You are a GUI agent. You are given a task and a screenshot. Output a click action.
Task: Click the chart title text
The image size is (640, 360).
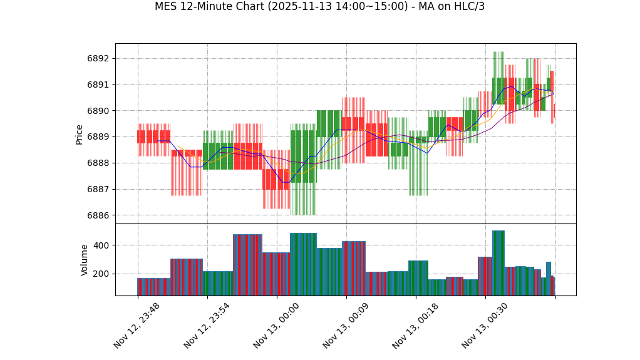pyautogui.click(x=319, y=7)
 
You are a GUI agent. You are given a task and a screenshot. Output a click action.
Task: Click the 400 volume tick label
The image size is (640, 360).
pyautogui.click(x=100, y=245)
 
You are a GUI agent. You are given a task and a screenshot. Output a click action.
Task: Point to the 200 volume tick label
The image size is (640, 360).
pyautogui.click(x=100, y=274)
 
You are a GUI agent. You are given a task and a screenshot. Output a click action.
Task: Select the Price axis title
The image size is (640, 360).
pyautogui.click(x=80, y=134)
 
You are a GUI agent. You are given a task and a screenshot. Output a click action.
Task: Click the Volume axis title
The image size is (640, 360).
pyautogui.click(x=85, y=260)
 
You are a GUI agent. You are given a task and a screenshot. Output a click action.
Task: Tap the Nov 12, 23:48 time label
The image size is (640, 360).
pyautogui.click(x=137, y=326)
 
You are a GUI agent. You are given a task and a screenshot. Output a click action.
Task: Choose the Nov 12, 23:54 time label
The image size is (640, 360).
pyautogui.click(x=207, y=326)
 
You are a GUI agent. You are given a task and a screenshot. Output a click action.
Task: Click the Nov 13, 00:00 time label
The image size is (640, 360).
pyautogui.click(x=276, y=326)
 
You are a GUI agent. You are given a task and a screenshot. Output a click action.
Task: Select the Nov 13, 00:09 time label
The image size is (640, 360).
pyautogui.click(x=346, y=326)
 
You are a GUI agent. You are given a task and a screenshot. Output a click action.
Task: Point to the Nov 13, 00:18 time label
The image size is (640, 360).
pyautogui.click(x=415, y=326)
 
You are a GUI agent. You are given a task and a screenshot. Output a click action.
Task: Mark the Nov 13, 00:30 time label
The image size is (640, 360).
pyautogui.click(x=485, y=326)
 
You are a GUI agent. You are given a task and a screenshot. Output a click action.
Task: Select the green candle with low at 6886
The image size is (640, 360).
pyautogui.click(x=303, y=157)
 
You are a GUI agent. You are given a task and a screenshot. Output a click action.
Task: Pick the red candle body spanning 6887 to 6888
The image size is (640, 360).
pyautogui.click(x=276, y=179)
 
